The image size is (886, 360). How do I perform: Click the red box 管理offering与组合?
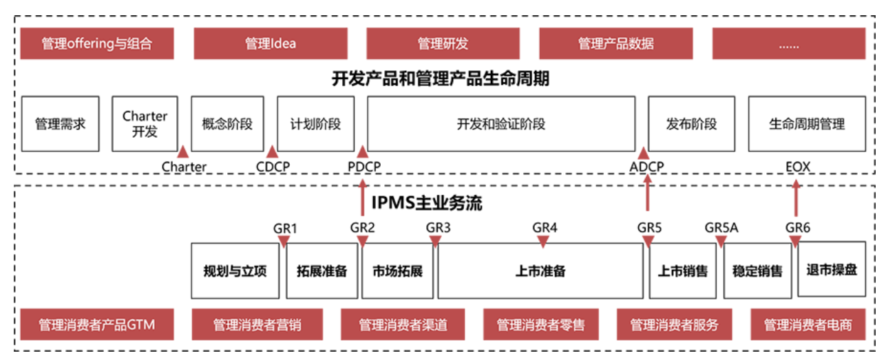coord(96,44)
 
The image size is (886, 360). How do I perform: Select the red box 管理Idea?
coord(270,44)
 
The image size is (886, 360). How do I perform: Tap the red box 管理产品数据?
coord(615,44)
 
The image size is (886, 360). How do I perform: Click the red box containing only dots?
coord(788,44)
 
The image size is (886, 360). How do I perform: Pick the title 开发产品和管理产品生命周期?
coord(441,79)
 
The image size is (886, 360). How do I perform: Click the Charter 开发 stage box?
coord(145,124)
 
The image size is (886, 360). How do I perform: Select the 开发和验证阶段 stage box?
coord(501,124)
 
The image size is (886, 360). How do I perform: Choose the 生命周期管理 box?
coord(806,124)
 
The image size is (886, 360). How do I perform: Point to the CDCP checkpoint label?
coord(273,167)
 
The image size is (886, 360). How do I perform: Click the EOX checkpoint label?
coord(798,167)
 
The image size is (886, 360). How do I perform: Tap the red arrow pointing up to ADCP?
coord(646,193)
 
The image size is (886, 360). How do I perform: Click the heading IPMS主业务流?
coord(427,204)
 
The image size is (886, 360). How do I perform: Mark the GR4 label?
coord(544,227)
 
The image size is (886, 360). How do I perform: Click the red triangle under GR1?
coord(284,241)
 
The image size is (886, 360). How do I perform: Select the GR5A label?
coord(721,227)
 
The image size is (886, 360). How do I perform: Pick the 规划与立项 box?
coord(235,271)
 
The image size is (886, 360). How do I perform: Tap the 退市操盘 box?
coord(832,268)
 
